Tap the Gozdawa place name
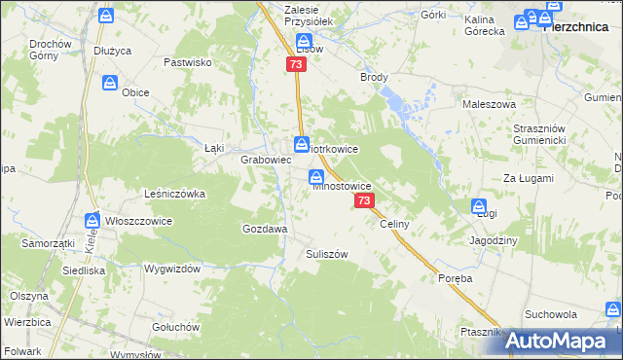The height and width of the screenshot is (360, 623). click(264, 229)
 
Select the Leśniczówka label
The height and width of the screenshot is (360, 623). click(175, 194)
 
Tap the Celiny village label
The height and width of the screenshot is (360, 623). click(394, 224)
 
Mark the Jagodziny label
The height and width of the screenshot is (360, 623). click(494, 239)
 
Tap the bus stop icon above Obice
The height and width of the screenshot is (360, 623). click(110, 84)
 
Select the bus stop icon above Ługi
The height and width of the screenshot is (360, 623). click(479, 206)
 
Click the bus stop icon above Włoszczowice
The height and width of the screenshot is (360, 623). click(92, 221)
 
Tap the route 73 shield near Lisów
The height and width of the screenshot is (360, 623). click(297, 64)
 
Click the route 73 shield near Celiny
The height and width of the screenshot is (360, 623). click(364, 200)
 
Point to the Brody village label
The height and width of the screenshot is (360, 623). click(374, 77)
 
